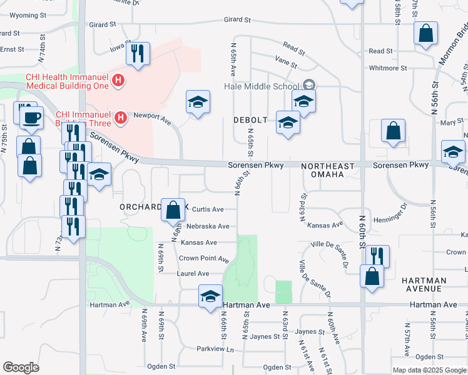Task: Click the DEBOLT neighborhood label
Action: (250, 119)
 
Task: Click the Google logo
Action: (21, 367)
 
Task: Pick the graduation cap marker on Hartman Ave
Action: (211, 296)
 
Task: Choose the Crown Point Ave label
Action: (204, 259)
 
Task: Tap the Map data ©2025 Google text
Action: (429, 370)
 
